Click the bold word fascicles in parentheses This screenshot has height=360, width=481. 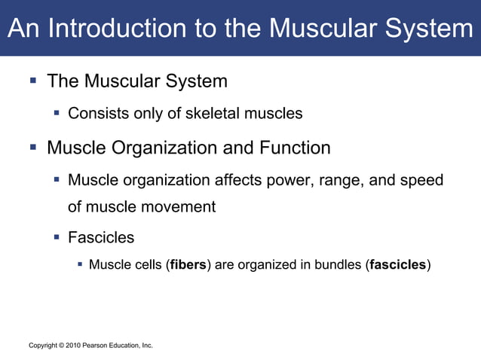tap(398, 264)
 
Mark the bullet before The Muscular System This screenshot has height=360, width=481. tap(34, 80)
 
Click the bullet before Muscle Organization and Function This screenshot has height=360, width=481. tap(34, 148)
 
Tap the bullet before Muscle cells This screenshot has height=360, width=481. tap(79, 264)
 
